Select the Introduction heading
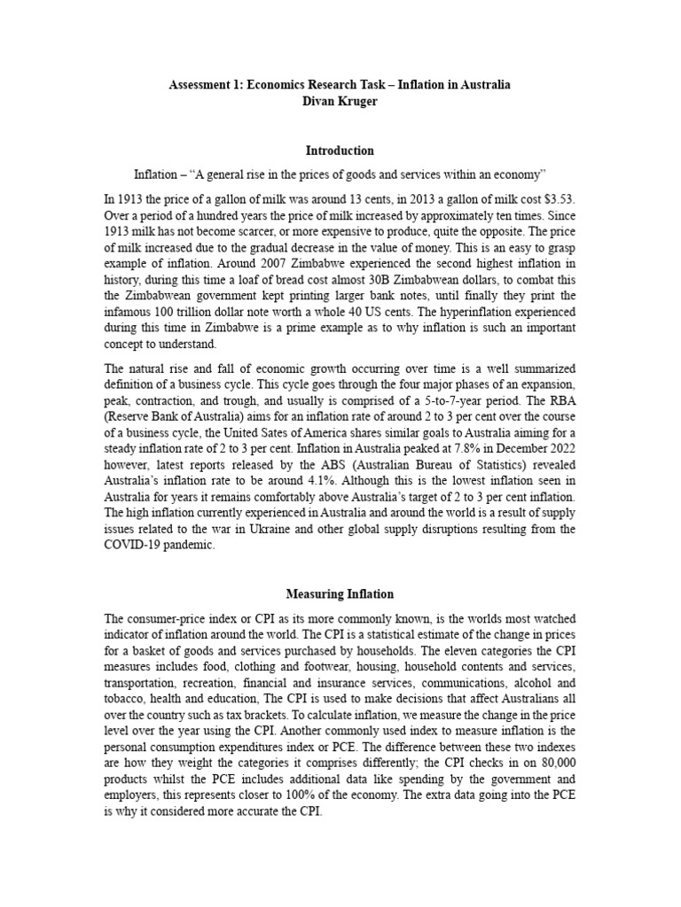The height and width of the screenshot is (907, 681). coord(340,151)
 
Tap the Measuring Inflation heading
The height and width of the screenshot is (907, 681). coord(340,593)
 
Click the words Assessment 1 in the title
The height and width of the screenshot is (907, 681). coord(207,84)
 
